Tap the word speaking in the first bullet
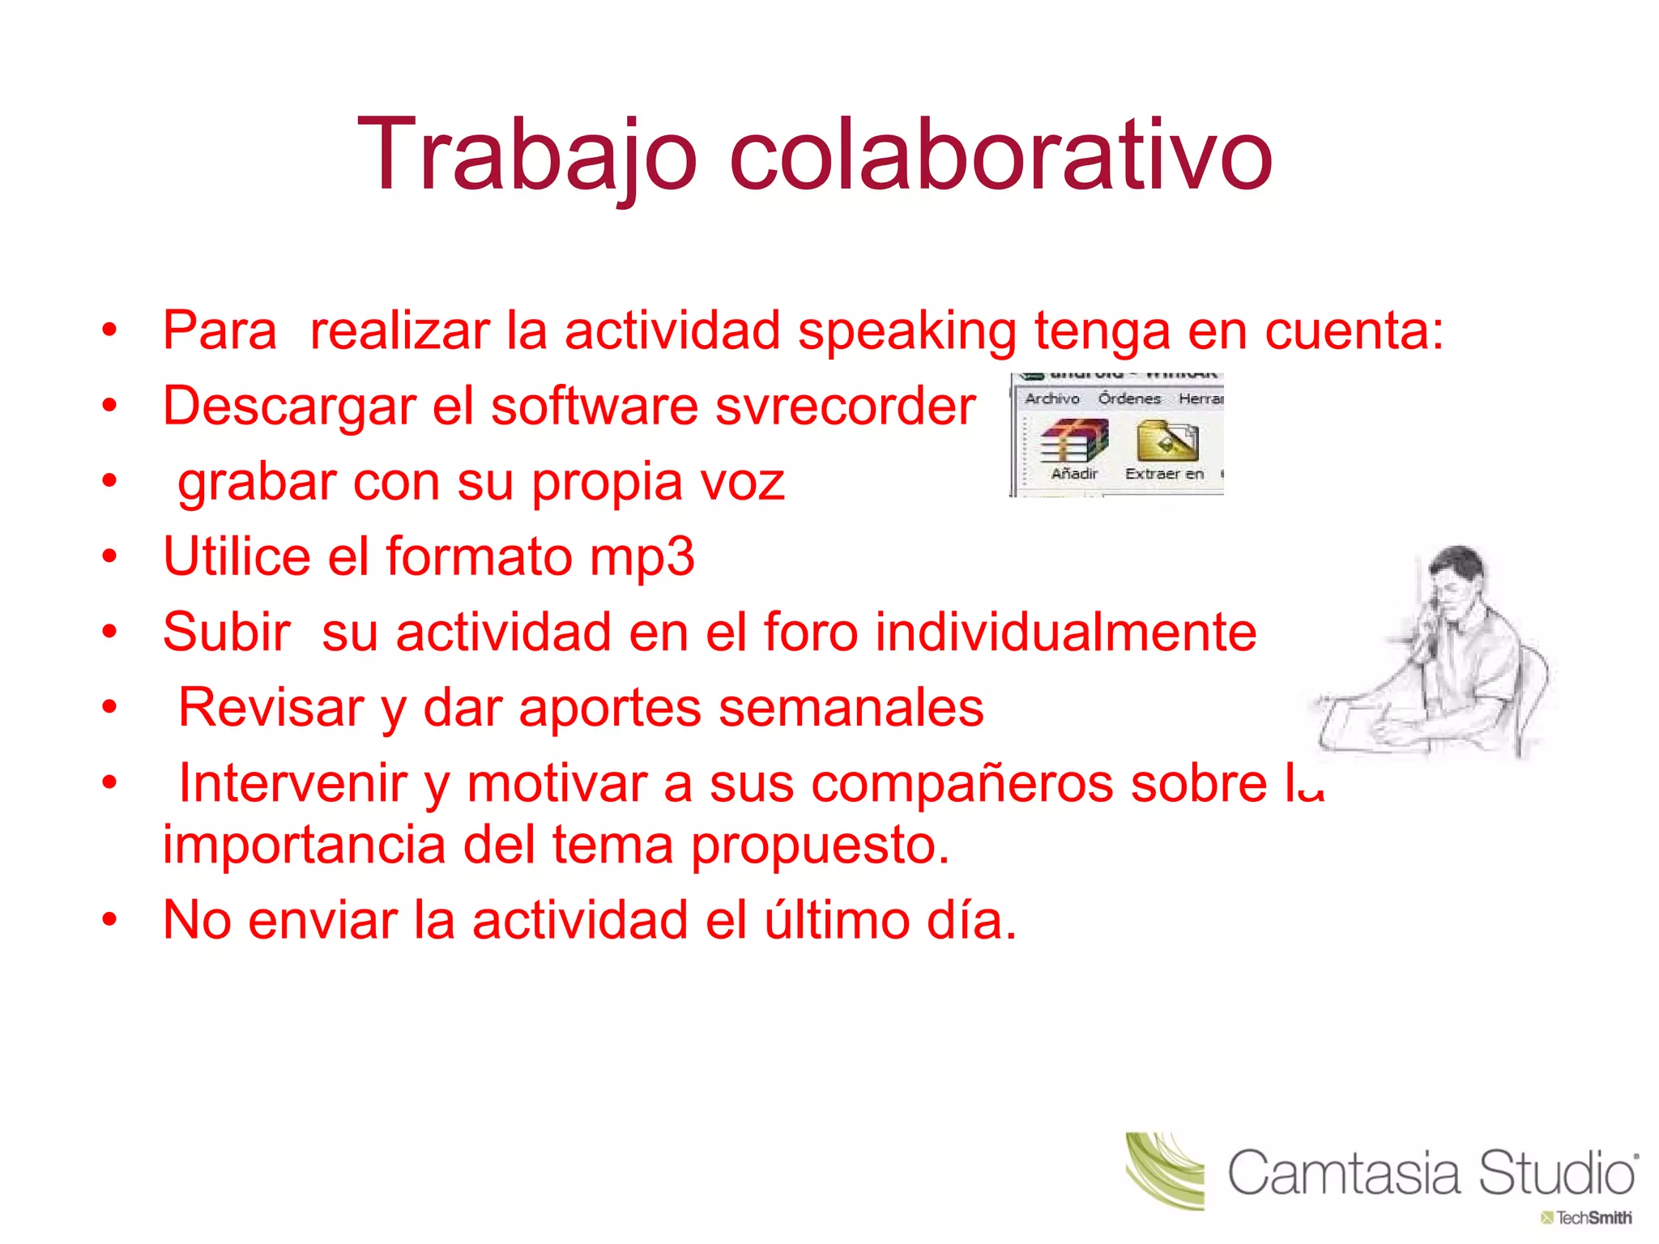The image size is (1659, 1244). (x=906, y=332)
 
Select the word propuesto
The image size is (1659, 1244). (x=819, y=846)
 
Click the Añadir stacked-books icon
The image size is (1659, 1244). (x=1074, y=441)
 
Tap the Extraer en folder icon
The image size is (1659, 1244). (x=1166, y=441)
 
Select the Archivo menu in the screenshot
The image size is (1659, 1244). (x=1052, y=398)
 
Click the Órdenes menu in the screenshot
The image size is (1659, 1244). (x=1129, y=398)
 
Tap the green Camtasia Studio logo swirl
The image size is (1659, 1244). (x=1164, y=1170)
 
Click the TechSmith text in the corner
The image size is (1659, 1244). (x=1593, y=1218)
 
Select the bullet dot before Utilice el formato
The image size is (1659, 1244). (x=110, y=557)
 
